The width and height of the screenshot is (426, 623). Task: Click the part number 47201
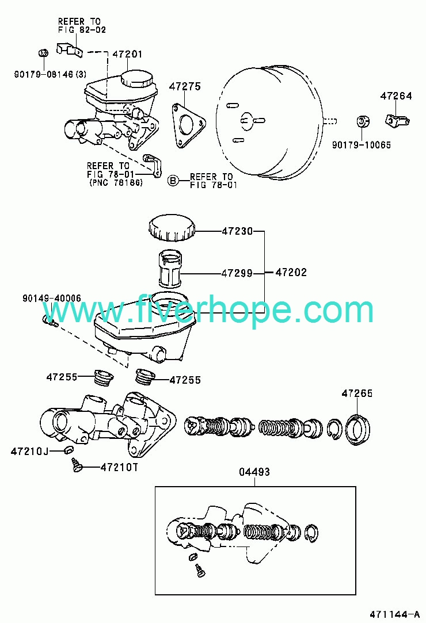point(127,54)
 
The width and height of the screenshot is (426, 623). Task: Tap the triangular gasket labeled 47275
point(188,124)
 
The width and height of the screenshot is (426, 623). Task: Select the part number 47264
point(395,95)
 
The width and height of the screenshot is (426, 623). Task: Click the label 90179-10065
point(361,145)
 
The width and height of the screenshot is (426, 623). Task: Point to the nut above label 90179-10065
point(362,122)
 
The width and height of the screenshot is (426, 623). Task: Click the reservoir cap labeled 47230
point(172,228)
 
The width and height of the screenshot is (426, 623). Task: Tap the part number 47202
point(291,273)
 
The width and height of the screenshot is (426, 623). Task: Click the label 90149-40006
point(52,299)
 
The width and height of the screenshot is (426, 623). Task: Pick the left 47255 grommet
point(104,377)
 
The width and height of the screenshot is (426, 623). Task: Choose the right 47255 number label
point(185,380)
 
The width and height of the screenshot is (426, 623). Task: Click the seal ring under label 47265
point(358,430)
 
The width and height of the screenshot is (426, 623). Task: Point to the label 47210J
point(29,452)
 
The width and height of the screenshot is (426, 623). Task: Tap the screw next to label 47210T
point(76,465)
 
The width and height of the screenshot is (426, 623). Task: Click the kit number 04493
point(254,472)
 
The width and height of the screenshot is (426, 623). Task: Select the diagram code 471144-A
point(394,614)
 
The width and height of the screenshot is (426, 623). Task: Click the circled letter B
point(172,181)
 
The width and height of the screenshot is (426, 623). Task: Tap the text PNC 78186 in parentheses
point(115,183)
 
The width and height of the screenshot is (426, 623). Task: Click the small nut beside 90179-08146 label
point(43,53)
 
